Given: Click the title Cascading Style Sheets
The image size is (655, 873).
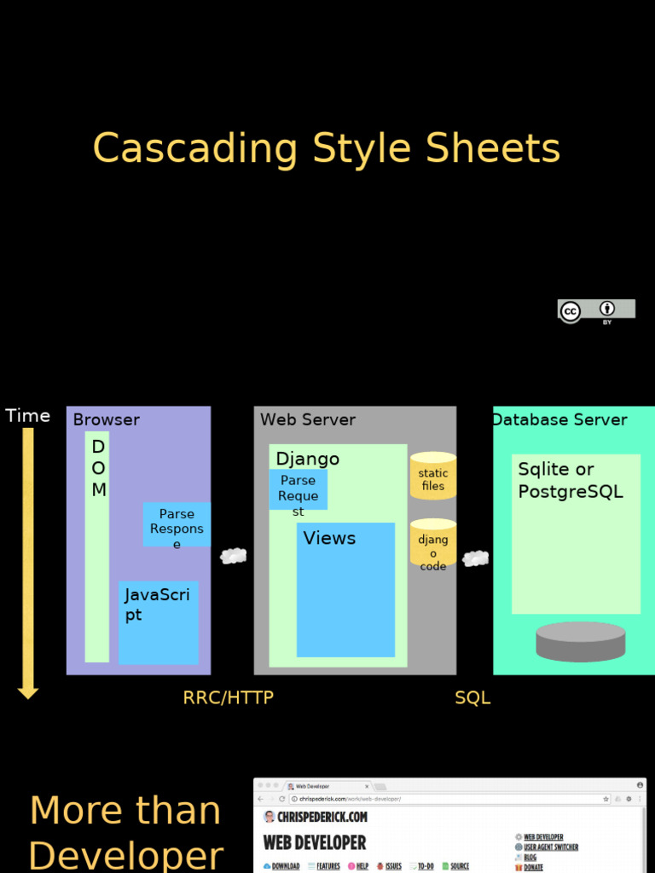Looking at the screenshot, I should pos(327,148).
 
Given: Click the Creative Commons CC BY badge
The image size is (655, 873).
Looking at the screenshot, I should pos(596,310).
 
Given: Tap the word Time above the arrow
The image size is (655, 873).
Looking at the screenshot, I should pos(28,416).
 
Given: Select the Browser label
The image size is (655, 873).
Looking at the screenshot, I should pos(107,419).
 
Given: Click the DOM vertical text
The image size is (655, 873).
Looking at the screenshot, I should pos(99,468).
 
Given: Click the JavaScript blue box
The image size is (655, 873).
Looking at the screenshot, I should pos(159,622).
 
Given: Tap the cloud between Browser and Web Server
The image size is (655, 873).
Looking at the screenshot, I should pos(233,556).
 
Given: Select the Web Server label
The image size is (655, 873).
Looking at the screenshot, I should pos(308,419).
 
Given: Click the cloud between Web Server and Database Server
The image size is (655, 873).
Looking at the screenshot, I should pos(475,558).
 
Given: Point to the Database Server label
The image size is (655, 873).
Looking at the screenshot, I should pos(560,419).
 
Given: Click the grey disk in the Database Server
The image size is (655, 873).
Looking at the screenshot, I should pos(581,641).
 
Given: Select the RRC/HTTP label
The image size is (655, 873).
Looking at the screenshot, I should pos(229,697).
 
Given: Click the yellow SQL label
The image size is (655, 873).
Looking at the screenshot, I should pos(472,697).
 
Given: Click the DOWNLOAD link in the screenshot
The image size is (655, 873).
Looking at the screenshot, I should pos(281,866).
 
